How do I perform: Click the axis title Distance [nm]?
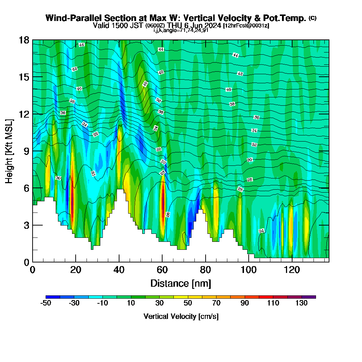[181, 283]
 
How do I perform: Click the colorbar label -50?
[46, 303]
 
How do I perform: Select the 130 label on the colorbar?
[302, 303]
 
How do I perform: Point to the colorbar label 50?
[188, 303]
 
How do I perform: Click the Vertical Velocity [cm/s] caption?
[181, 316]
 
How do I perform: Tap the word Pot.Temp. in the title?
[286, 18]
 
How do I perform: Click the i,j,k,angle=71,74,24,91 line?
[181, 30]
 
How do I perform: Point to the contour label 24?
[261, 231]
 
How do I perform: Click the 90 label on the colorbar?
[245, 303]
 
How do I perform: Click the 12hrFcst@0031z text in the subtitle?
[246, 26]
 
